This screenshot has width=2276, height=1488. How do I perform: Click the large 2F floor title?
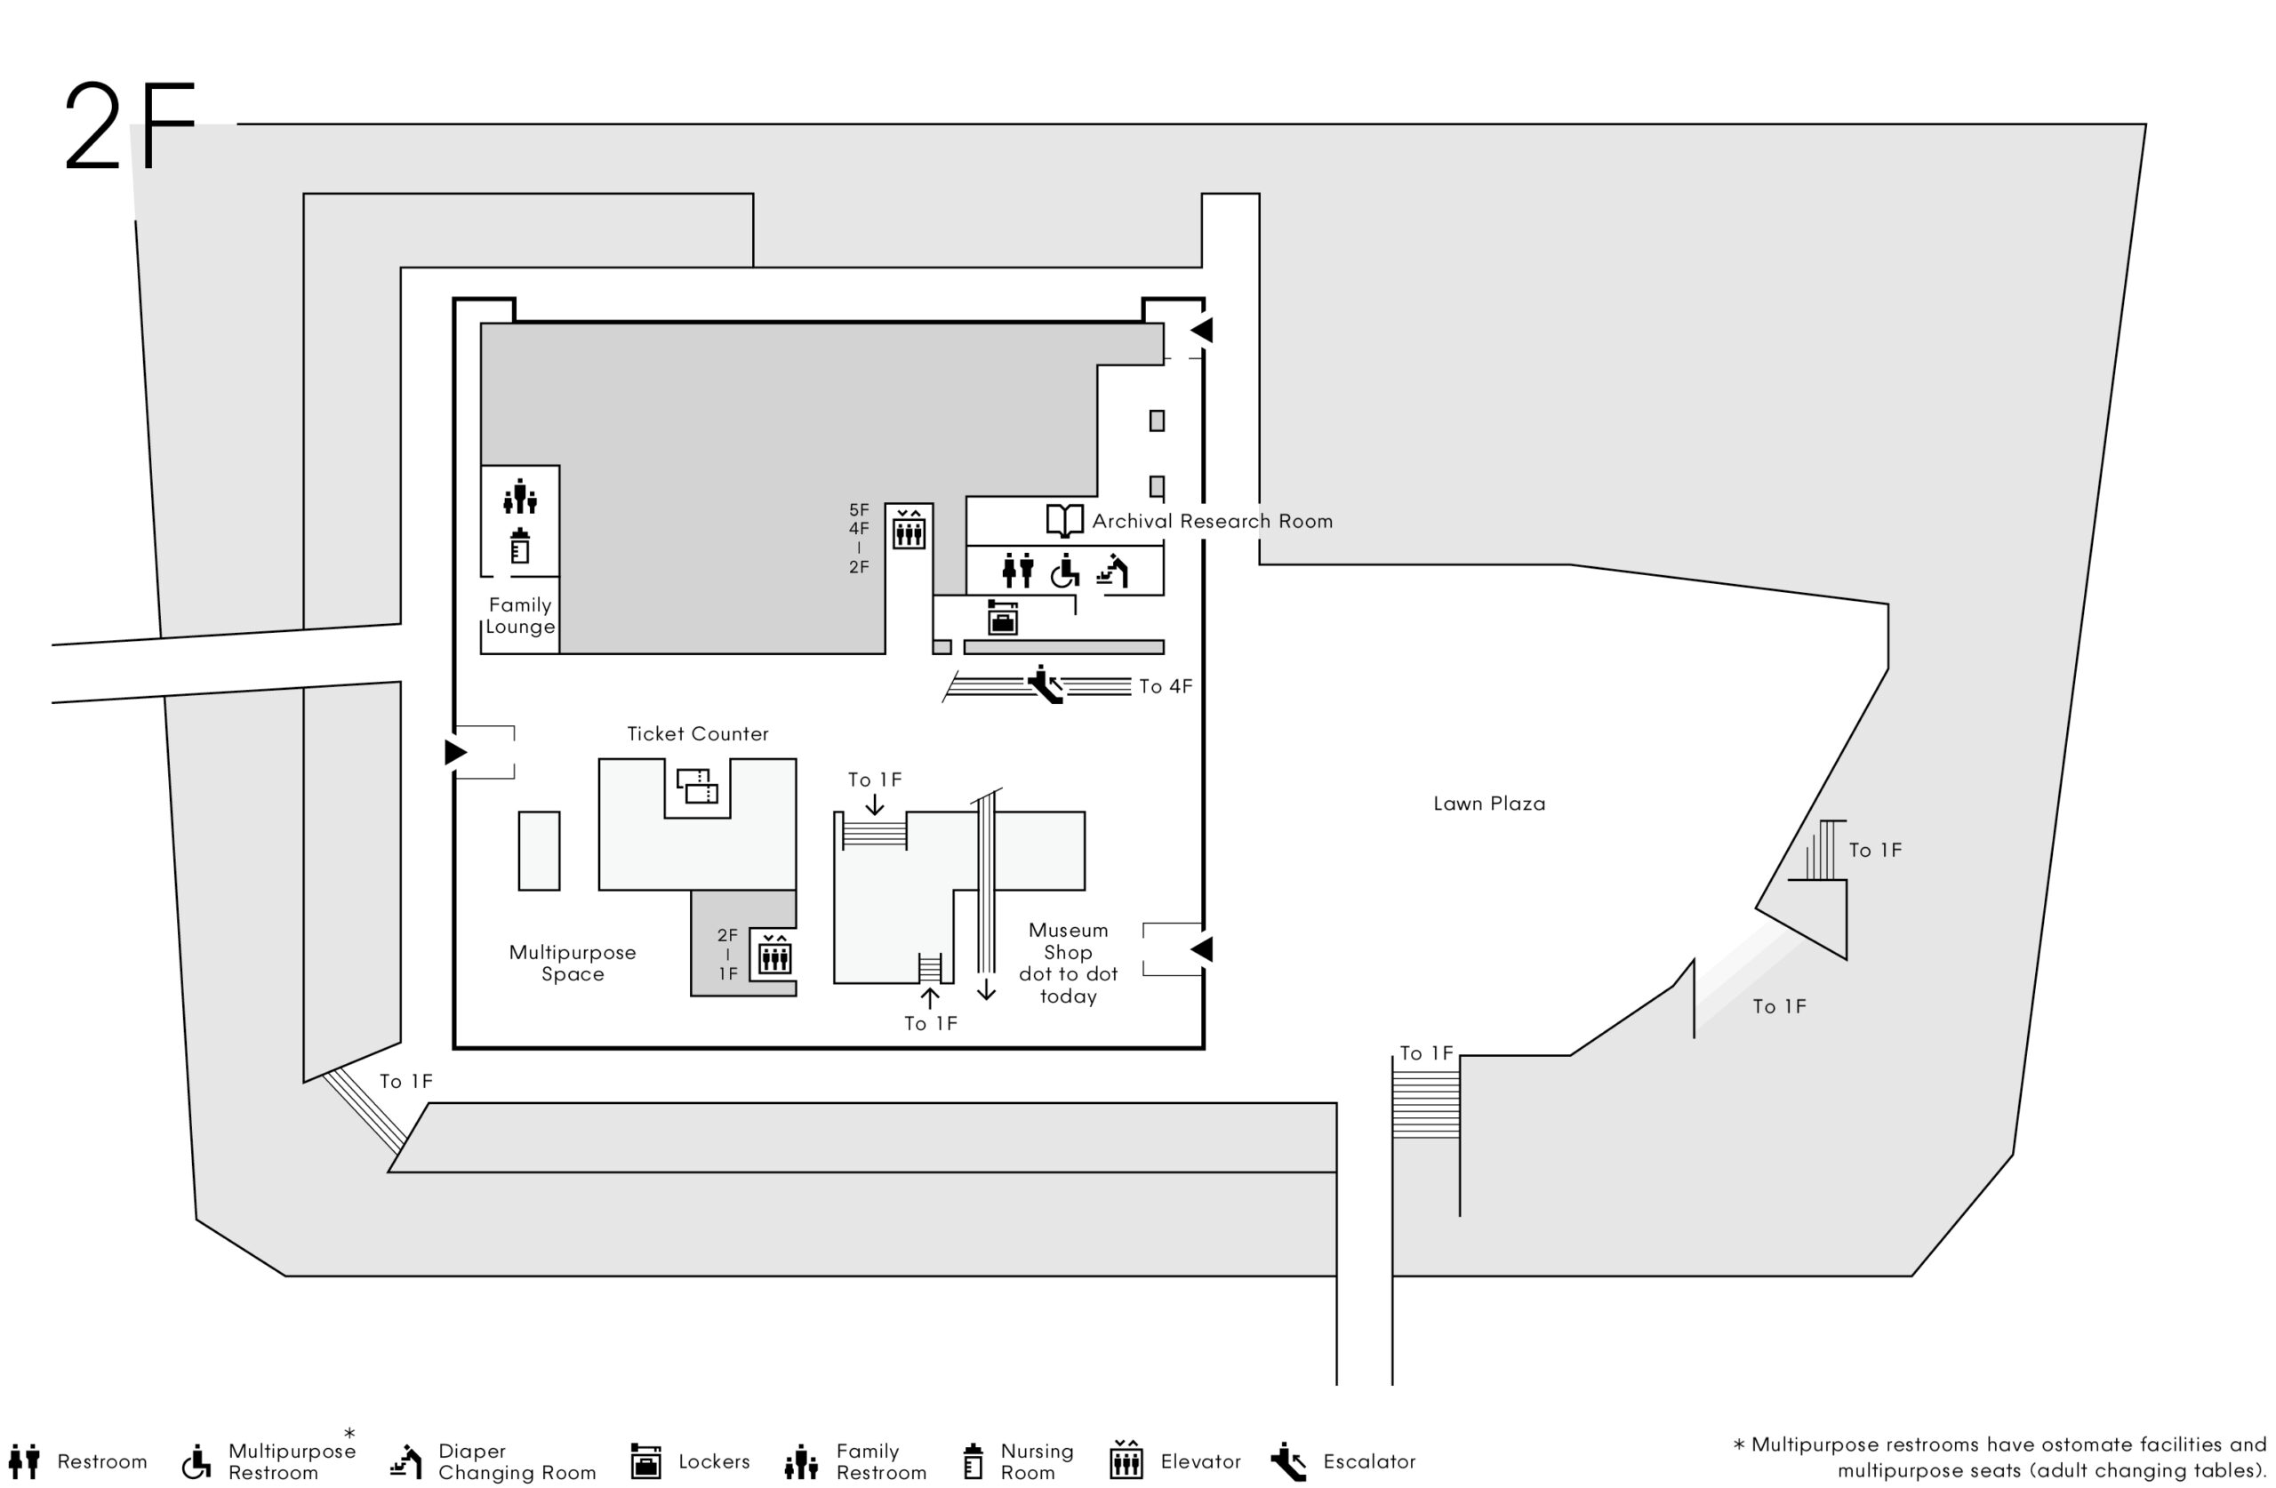(x=130, y=126)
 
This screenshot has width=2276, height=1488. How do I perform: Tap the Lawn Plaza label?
(x=1489, y=804)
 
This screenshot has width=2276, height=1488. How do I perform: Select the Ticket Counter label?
(x=698, y=733)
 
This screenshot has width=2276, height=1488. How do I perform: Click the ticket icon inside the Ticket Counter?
(x=697, y=785)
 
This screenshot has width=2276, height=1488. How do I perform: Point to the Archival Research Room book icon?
(x=1064, y=520)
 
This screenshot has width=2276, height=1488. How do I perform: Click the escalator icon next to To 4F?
(x=1046, y=684)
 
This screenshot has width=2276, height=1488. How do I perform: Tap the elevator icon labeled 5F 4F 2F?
(x=909, y=528)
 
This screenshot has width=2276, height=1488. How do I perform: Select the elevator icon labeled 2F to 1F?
(x=774, y=954)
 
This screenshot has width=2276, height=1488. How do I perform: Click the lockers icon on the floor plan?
(x=1002, y=618)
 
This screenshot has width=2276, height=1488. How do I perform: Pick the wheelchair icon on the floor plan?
(x=1064, y=571)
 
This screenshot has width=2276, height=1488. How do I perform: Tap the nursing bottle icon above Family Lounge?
(x=519, y=545)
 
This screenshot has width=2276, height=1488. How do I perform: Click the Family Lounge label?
(x=520, y=616)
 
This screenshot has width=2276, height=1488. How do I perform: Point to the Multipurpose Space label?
(x=573, y=963)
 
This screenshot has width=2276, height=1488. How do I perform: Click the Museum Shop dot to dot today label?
(x=1068, y=963)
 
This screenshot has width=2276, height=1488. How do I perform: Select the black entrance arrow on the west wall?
(x=456, y=753)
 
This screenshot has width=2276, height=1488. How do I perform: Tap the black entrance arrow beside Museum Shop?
(x=1201, y=948)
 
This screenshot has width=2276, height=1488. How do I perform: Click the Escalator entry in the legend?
(x=1342, y=1461)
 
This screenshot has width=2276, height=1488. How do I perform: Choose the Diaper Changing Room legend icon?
(x=406, y=1461)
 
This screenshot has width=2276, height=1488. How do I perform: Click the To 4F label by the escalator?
(x=1166, y=685)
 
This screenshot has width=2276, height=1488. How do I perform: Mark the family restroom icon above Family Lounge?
(x=519, y=496)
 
